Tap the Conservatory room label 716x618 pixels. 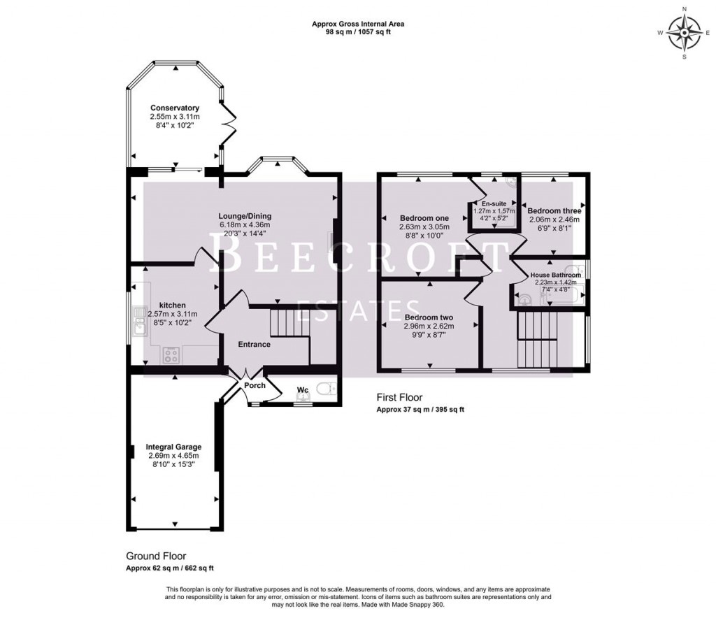click(x=175, y=108)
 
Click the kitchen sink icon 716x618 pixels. click(x=136, y=324)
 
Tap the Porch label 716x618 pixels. click(x=254, y=385)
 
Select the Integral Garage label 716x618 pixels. click(x=173, y=447)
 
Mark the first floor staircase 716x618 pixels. click(x=539, y=339)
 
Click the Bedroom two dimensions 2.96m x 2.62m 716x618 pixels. click(x=429, y=326)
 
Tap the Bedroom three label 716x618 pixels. click(x=554, y=210)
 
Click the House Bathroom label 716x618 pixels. click(x=555, y=275)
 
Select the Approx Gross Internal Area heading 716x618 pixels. click(x=357, y=24)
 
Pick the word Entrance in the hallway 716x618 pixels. click(x=254, y=344)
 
